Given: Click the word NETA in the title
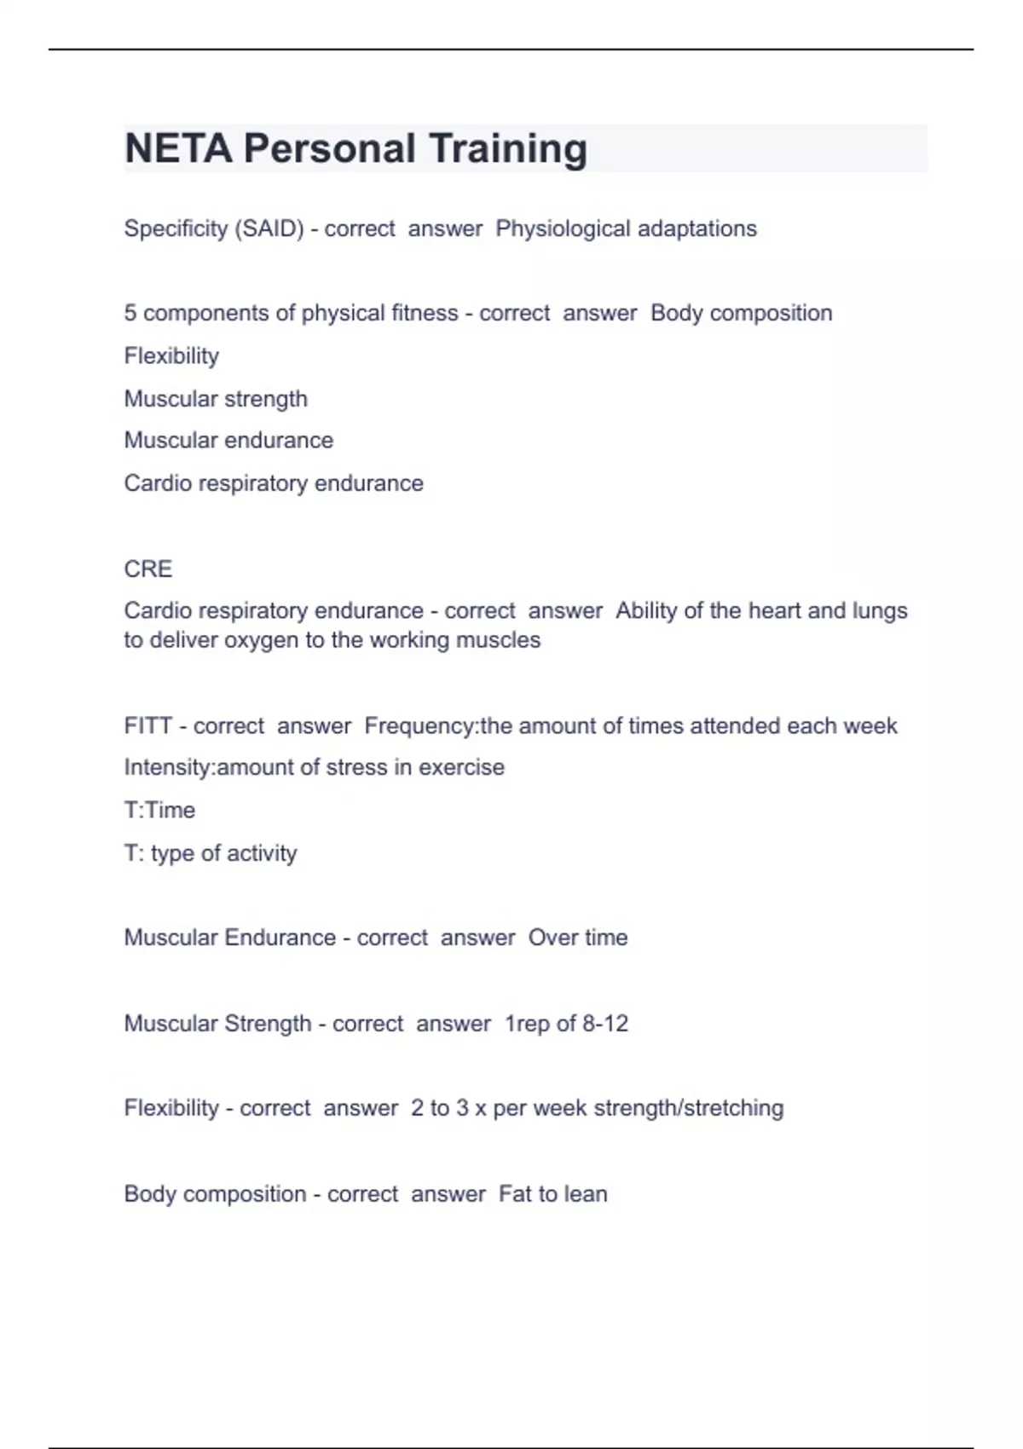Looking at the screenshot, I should [178, 148].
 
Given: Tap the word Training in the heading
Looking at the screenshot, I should [507, 148].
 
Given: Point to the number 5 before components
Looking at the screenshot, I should [130, 313].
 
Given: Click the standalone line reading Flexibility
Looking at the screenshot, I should [171, 355].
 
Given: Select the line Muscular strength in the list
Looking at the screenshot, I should [216, 398].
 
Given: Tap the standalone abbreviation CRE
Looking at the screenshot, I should [147, 569].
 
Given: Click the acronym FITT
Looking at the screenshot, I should [147, 725].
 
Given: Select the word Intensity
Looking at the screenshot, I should [167, 767].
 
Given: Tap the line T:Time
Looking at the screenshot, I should [159, 810].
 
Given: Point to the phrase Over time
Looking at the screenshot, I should [578, 938].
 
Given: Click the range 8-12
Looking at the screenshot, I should [605, 1023].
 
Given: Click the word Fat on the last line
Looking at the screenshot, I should [515, 1193].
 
